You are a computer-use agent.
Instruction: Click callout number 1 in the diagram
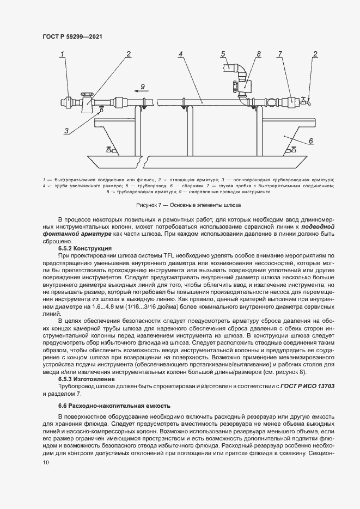tap(63, 53)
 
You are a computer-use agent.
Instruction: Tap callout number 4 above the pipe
tap(180, 54)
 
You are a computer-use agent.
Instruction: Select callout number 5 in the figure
tap(223, 53)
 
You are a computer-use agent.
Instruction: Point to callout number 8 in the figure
tap(259, 53)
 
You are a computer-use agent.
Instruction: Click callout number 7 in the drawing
tap(280, 53)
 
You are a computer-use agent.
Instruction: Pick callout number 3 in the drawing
tap(66, 131)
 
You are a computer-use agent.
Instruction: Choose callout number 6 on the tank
tap(310, 141)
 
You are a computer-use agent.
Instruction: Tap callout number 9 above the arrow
tap(143, 86)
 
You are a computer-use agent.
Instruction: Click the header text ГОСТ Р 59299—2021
tap(72, 36)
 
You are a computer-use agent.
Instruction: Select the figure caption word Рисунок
tap(151, 205)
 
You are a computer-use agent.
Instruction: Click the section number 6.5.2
tap(67, 248)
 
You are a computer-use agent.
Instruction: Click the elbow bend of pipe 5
tap(242, 69)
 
